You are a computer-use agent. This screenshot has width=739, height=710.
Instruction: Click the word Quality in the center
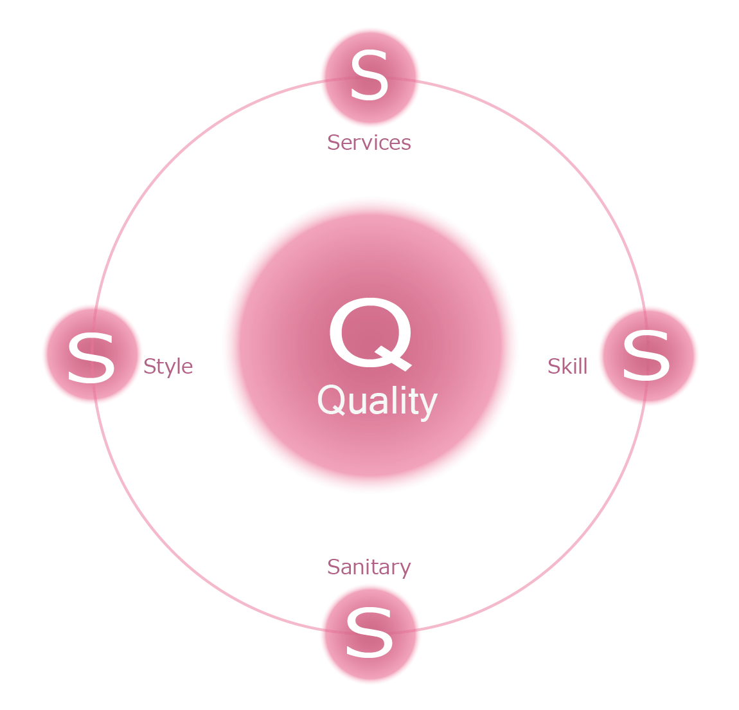[x=377, y=401]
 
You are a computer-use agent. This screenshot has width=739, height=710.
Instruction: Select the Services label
[x=369, y=142]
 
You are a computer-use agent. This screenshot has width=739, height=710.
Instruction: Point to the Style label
[x=168, y=367]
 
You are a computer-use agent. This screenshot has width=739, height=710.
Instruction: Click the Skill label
[x=567, y=367]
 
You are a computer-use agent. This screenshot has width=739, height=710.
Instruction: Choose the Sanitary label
[x=369, y=567]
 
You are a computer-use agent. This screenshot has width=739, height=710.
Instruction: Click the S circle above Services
[x=370, y=77]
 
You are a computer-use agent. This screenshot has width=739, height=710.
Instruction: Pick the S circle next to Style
[x=92, y=354]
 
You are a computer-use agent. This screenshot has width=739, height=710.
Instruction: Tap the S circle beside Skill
[x=648, y=356]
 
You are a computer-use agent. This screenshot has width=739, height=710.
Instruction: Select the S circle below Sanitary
[x=370, y=633]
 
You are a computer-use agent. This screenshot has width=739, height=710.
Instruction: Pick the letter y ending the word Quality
[x=429, y=405]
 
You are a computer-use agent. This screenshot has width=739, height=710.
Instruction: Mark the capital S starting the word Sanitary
[x=334, y=567]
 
